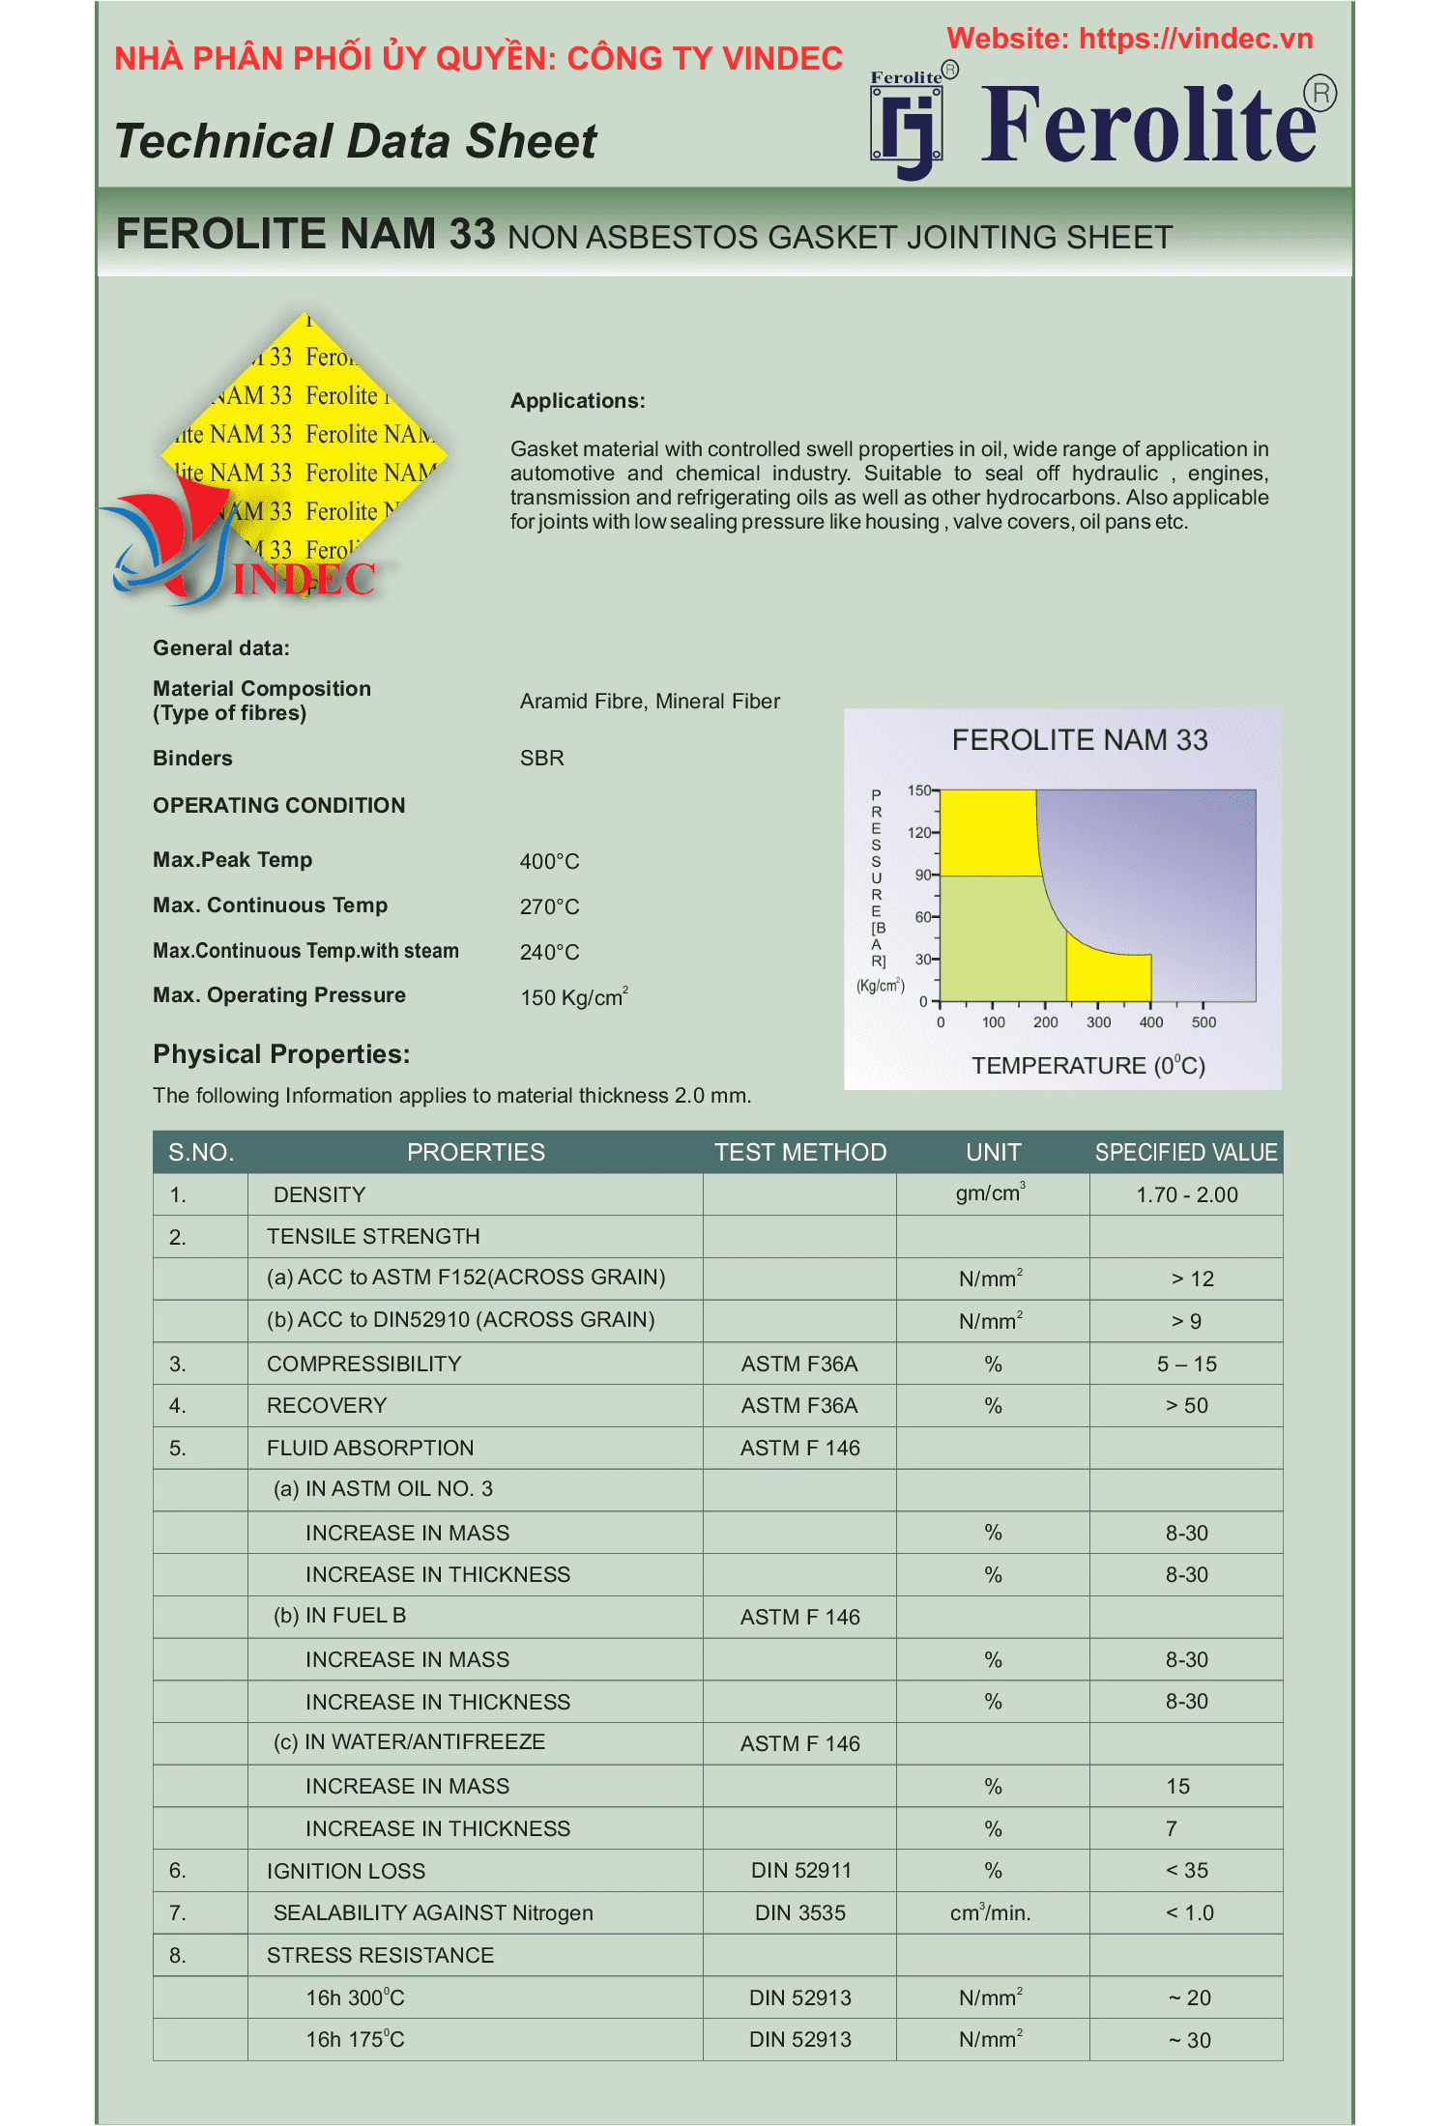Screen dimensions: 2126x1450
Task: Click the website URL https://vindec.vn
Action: click(1195, 39)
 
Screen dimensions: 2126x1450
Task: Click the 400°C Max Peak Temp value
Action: click(549, 861)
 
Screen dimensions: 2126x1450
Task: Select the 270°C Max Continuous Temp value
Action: click(549, 906)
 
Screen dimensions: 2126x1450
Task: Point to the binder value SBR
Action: click(541, 759)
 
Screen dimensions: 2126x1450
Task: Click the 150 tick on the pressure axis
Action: click(919, 790)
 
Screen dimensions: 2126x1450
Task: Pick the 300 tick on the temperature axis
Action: click(1098, 1021)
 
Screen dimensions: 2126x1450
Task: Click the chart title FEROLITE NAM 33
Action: click(1079, 740)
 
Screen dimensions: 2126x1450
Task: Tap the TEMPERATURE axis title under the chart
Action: click(1087, 1066)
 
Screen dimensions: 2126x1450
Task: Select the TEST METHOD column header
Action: click(799, 1152)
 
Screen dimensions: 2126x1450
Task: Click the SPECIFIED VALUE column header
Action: click(1185, 1152)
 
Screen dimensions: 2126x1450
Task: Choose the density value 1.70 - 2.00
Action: click(1186, 1194)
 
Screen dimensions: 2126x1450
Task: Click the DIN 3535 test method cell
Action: click(799, 1912)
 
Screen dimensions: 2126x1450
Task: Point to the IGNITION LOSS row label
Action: click(346, 1871)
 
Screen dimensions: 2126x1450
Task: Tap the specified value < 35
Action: click(1186, 1870)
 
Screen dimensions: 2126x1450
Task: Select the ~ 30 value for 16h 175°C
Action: click(1188, 2040)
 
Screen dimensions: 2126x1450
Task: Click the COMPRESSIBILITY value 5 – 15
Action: click(1186, 1364)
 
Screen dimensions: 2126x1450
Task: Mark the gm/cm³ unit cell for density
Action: click(990, 1193)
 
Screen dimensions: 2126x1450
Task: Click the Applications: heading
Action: click(577, 401)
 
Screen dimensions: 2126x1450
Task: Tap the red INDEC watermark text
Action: click(304, 580)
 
